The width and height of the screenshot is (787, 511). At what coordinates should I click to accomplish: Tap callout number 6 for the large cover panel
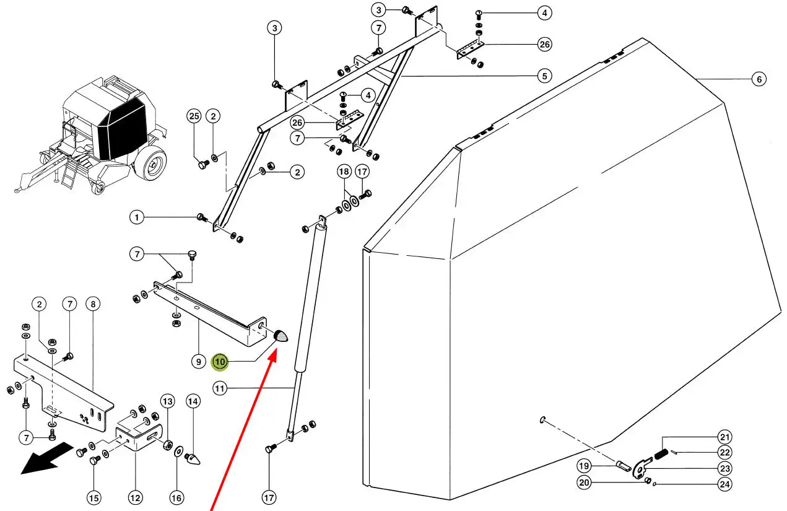pos(759,79)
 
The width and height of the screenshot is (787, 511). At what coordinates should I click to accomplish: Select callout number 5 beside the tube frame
pos(544,76)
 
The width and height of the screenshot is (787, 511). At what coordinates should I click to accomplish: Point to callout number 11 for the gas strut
pos(220,389)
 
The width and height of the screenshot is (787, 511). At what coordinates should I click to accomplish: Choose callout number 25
pos(194,116)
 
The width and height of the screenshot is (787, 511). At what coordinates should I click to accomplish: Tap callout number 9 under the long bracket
pos(198,362)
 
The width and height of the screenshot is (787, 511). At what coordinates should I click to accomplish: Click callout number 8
pos(93,304)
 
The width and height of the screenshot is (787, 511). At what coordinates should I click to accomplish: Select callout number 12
pos(136,497)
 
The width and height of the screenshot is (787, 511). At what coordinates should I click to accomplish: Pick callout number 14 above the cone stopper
pos(193,401)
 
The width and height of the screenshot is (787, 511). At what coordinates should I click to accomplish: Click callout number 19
pos(584,466)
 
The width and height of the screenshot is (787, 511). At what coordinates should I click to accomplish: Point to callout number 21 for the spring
pos(725,437)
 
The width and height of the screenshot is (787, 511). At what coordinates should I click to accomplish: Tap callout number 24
pos(725,484)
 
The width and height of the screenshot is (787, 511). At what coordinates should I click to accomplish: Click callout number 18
pos(344,171)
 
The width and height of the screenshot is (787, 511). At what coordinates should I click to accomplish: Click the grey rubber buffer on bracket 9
pos(280,336)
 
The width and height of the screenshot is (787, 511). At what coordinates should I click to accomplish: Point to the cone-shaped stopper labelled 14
pos(193,459)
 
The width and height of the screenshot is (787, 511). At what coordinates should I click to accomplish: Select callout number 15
pos(93,497)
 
